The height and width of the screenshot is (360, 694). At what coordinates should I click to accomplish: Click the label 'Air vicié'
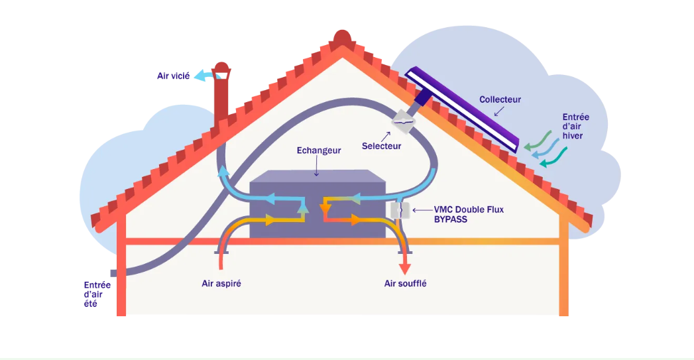coord(173,76)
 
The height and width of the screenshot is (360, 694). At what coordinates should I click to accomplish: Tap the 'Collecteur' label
coord(500,99)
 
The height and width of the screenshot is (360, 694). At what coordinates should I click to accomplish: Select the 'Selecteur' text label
coord(381,146)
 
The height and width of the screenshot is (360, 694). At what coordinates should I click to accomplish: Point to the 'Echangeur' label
coord(318,150)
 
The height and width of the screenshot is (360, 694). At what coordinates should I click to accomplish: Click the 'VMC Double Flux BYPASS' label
coord(468,214)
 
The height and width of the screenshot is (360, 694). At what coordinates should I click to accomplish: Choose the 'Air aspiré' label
coord(221,283)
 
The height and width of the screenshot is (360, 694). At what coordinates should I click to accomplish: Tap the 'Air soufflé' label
coord(405,284)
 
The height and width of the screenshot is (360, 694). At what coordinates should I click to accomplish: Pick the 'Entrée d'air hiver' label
coord(575,127)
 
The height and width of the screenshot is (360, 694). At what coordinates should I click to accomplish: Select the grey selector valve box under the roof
coord(404,121)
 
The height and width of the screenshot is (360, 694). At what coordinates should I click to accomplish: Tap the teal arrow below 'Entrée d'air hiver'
coord(553,158)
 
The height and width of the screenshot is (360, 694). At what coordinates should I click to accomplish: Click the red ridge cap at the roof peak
coord(342,40)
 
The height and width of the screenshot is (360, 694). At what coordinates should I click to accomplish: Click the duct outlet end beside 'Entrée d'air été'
coord(114,273)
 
